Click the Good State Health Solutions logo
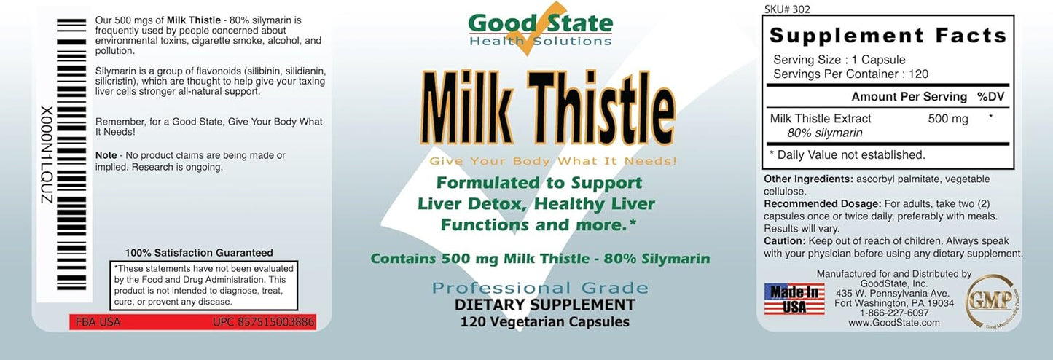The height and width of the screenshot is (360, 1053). pos(540,28)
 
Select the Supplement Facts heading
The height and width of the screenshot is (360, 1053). pos(888,35)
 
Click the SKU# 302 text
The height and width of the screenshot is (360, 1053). pos(787,9)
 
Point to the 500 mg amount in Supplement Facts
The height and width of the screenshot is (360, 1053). pos(948,119)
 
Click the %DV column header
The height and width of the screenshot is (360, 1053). pos(990,97)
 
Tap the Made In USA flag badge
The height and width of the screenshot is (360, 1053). pos(794,299)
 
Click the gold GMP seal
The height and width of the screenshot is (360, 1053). pos(993,300)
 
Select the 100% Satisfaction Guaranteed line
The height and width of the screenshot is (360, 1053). pos(199,252)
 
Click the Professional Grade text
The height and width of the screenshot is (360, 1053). pos(540,287)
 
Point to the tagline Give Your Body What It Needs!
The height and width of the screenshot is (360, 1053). pos(553,160)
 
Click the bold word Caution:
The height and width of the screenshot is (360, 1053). pos(784,240)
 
